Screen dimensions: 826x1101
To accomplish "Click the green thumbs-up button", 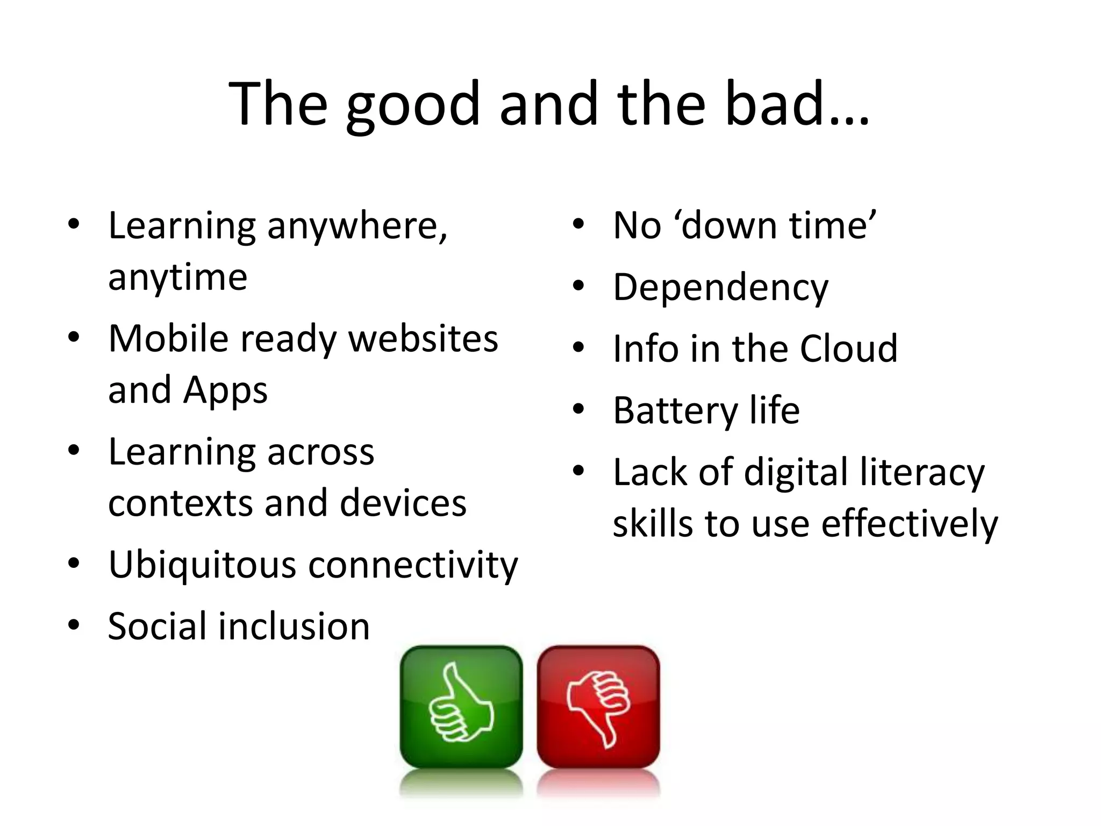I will (x=461, y=706).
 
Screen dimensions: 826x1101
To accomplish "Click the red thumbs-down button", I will (x=598, y=706).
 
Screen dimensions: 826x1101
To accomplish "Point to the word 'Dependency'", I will (x=720, y=288).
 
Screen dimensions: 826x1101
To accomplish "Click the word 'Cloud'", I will (x=848, y=349).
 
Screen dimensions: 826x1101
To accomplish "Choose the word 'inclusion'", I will (x=294, y=626).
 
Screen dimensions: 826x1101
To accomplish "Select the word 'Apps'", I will (x=225, y=391).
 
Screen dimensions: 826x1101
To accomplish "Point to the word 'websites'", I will (x=423, y=339).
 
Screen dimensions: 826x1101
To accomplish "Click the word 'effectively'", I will (x=909, y=524).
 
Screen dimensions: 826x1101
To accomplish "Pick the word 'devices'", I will (x=403, y=503).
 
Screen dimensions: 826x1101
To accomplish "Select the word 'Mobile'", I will (x=169, y=339).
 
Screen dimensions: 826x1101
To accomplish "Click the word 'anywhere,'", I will (x=357, y=226).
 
